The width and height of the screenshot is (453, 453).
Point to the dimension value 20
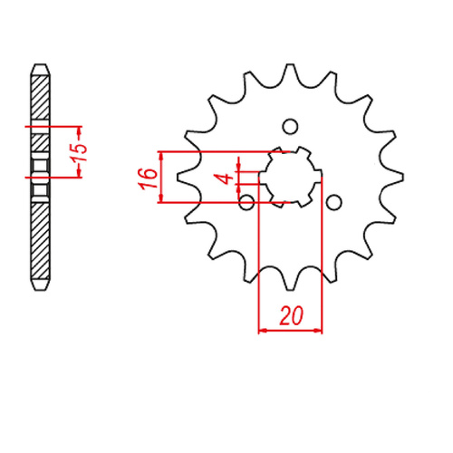[291, 316]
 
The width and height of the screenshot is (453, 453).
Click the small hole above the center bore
[290, 126]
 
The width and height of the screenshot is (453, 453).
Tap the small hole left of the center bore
[246, 200]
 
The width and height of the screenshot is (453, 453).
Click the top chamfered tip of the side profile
[40, 69]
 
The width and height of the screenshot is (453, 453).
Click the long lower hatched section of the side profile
[40, 240]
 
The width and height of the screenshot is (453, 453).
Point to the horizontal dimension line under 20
[291, 332]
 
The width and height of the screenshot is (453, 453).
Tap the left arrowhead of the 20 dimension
[264, 332]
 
